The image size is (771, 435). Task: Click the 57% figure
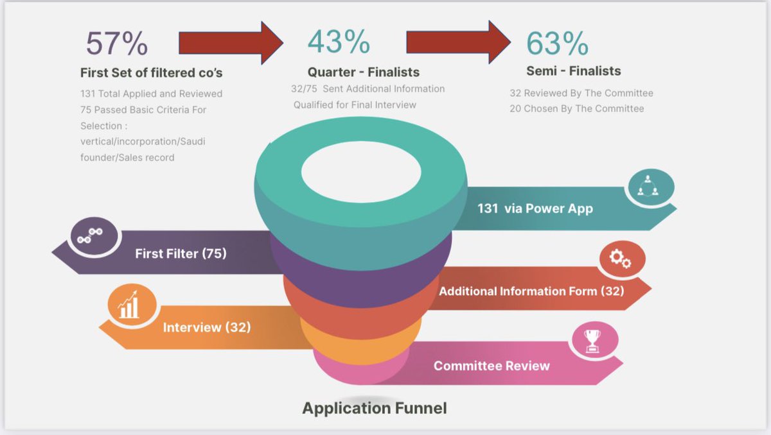(x=117, y=44)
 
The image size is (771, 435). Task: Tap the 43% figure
(x=339, y=42)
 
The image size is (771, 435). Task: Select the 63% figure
(x=557, y=43)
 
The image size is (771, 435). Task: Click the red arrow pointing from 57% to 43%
(x=230, y=42)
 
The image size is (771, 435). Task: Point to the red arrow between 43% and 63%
(x=457, y=42)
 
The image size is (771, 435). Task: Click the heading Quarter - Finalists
(x=363, y=72)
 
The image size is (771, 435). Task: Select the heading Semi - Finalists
(x=573, y=71)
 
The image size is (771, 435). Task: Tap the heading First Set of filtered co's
(x=152, y=72)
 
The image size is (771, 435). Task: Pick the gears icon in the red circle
(x=621, y=259)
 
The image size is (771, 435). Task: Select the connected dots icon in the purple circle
(x=85, y=236)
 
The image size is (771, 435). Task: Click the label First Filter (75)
(x=181, y=253)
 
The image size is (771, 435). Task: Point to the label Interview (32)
(x=207, y=327)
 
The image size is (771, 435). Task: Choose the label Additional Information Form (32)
(x=531, y=291)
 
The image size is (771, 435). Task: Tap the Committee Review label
(x=492, y=366)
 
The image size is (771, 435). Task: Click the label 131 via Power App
(x=535, y=208)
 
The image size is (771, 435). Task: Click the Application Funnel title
(x=374, y=407)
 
